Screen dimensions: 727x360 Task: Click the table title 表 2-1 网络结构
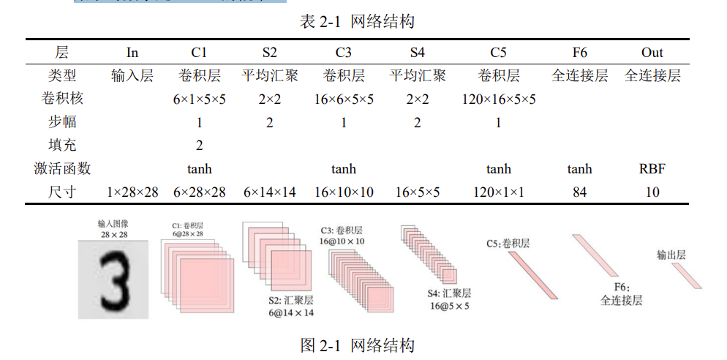[357, 22]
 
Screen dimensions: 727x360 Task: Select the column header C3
[343, 53]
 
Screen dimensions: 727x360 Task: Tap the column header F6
[579, 53]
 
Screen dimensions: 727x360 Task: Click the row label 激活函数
[62, 169]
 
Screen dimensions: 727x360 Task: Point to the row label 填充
[62, 146]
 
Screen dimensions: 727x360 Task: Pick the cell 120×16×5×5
[499, 100]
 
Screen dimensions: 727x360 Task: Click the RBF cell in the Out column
[652, 169]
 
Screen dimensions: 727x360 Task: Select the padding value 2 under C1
[200, 146]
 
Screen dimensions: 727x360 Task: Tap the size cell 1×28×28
[132, 192]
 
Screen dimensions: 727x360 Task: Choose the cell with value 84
[579, 192]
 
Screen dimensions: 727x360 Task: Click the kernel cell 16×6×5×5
[344, 100]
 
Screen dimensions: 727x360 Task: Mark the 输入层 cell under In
[132, 76]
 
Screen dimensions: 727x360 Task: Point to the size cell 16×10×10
[344, 192]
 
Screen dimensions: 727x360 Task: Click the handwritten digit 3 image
[113, 280]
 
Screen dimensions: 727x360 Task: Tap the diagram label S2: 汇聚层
[291, 300]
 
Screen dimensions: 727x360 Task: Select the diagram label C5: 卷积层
[508, 243]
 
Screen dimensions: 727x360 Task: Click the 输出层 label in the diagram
[671, 255]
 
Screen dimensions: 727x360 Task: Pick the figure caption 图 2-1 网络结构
[357, 345]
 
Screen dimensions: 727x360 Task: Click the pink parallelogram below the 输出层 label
[687, 276]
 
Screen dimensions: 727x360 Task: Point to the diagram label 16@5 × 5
[449, 306]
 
